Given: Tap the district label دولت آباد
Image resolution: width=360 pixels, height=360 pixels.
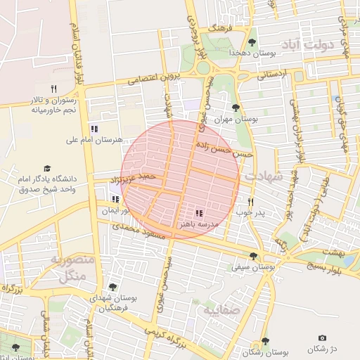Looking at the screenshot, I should point(310,46).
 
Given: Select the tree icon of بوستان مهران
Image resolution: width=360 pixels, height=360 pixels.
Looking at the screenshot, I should point(235,108).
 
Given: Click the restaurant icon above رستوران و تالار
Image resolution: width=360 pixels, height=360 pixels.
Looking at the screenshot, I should point(53,89).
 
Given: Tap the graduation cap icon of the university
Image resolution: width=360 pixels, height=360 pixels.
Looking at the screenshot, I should point(47,168).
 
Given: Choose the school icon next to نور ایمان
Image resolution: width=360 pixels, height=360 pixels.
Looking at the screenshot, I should point(115,199).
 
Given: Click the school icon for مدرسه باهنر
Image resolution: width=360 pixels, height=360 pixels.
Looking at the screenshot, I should point(199,212).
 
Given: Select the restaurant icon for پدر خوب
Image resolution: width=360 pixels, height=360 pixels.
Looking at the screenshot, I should point(251,200).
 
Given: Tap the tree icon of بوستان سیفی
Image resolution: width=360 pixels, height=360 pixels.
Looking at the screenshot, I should point(253,256).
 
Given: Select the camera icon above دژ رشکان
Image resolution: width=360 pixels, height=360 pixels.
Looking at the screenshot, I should point(322,338).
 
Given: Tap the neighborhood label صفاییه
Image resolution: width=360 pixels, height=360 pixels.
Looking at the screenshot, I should point(222,309).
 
